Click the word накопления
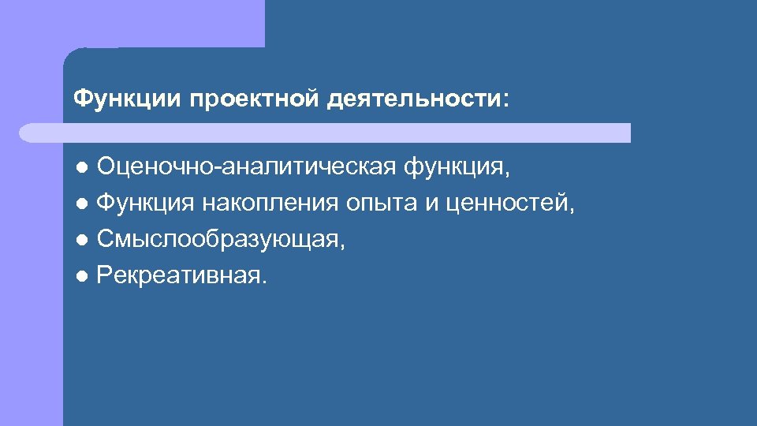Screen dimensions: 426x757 [269, 204]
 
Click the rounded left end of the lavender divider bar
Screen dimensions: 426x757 [28, 133]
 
